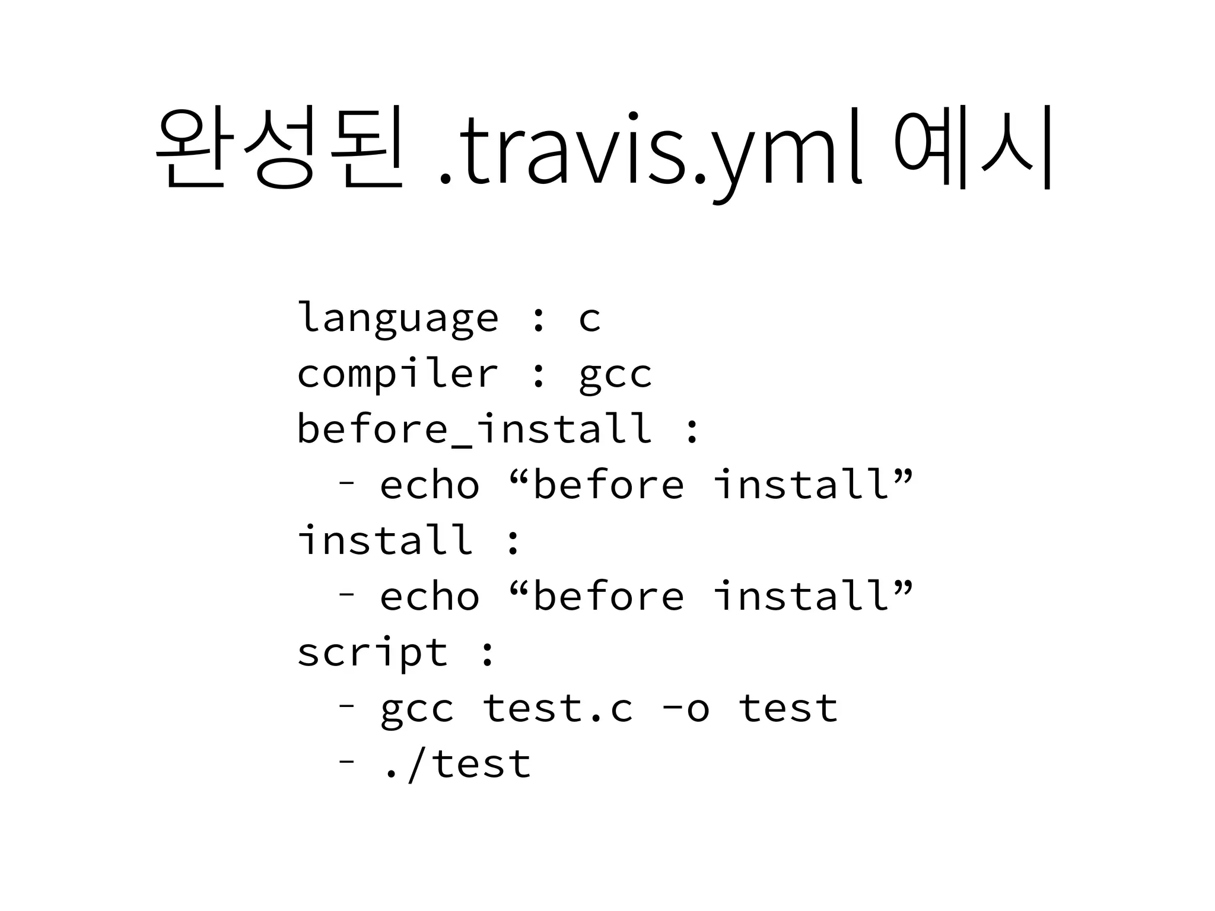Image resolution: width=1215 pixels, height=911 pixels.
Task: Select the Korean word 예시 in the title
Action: click(973, 147)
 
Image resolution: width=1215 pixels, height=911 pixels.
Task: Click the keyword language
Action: click(397, 318)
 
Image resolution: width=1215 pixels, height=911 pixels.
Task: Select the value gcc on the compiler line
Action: click(615, 375)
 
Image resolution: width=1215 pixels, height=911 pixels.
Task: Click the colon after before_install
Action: click(692, 431)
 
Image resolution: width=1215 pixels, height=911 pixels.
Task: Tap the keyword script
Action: click(372, 652)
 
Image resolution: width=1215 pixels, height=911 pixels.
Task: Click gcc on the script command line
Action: click(417, 709)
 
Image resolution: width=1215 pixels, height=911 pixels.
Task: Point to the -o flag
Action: click(685, 709)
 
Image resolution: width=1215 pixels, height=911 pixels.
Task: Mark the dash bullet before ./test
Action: click(346, 761)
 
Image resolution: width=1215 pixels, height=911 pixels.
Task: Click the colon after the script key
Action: click(487, 654)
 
